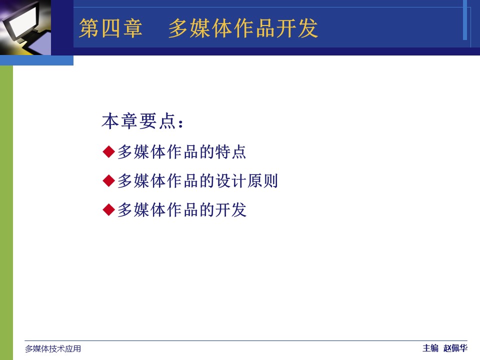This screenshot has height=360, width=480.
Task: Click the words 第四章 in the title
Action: (x=111, y=28)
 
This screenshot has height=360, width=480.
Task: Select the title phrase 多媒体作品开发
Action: (x=243, y=28)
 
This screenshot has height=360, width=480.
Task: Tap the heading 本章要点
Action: (x=138, y=121)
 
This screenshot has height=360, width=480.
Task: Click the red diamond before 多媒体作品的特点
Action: (x=108, y=152)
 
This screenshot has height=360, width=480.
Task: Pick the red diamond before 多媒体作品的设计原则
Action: (x=108, y=180)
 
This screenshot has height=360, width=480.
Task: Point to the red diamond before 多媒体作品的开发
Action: (x=108, y=209)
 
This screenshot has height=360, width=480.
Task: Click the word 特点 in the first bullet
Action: (x=230, y=152)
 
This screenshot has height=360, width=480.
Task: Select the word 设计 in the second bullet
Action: (x=230, y=180)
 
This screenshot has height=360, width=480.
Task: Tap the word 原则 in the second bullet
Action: (x=262, y=180)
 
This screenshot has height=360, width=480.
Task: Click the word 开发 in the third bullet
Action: (x=230, y=209)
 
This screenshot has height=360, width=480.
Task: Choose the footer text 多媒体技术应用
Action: (x=53, y=348)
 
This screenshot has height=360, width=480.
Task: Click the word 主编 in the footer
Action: (x=430, y=348)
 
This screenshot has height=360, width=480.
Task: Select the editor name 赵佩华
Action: (x=455, y=348)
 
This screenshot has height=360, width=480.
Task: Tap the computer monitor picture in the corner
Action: (x=25, y=27)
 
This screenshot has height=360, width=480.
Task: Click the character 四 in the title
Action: (x=110, y=28)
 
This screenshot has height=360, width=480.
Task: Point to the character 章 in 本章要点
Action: (x=129, y=121)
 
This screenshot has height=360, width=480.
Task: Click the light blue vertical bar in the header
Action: (x=464, y=20)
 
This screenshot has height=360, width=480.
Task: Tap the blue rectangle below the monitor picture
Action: (x=36, y=60)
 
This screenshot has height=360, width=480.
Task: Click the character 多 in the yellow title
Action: (x=178, y=28)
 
